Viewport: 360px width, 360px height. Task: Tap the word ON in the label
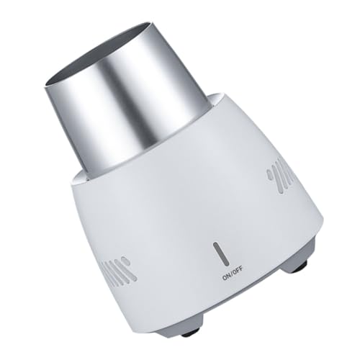[227, 277]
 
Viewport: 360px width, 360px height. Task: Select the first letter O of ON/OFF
[225, 278]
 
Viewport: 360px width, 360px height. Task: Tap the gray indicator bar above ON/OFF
[220, 254]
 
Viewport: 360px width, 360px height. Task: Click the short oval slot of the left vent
[125, 261]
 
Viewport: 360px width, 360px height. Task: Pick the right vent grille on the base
[280, 179]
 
